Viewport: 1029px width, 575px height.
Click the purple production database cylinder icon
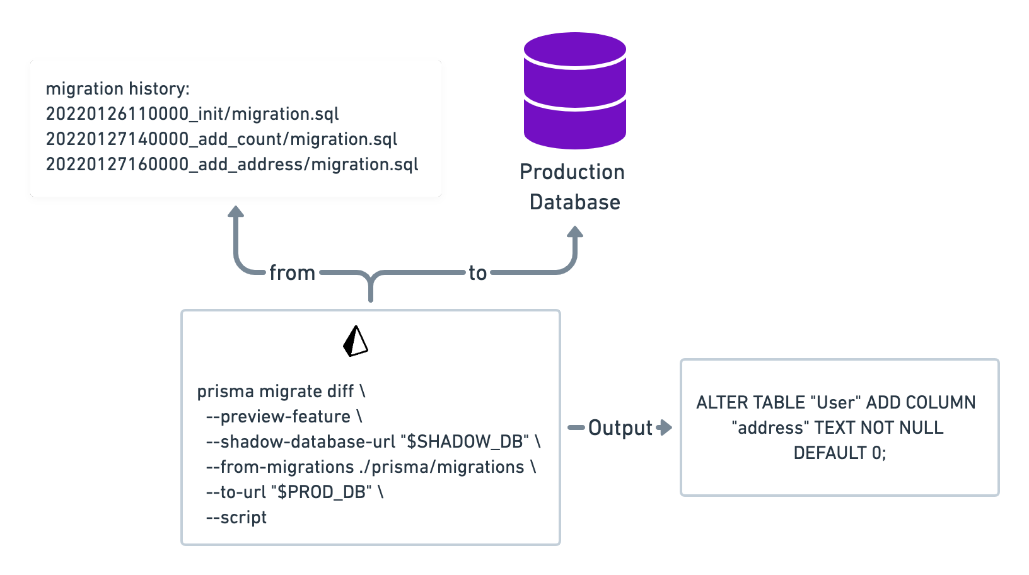(x=574, y=91)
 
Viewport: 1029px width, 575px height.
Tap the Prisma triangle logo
(x=356, y=342)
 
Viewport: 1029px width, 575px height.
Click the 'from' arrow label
(x=292, y=273)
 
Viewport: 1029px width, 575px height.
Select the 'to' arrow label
(x=477, y=273)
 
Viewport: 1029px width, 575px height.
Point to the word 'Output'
(x=620, y=428)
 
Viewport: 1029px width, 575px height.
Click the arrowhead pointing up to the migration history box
(x=236, y=212)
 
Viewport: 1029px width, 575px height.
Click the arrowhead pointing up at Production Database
(x=574, y=232)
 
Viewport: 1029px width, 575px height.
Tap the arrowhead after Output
(x=665, y=427)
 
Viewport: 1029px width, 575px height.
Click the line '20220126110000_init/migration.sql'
(x=192, y=114)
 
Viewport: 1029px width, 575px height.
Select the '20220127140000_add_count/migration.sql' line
(x=221, y=139)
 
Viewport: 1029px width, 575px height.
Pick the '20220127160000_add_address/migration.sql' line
(x=232, y=165)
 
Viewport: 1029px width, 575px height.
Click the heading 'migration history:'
(x=117, y=89)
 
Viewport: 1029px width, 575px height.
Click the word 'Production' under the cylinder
(x=572, y=172)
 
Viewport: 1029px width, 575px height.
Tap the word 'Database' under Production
(x=574, y=202)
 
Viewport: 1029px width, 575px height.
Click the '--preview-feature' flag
(x=278, y=417)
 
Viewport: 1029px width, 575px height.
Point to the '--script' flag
(x=236, y=518)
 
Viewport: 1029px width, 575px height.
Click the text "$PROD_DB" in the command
(x=321, y=492)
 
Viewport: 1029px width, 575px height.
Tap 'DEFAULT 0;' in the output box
(x=839, y=453)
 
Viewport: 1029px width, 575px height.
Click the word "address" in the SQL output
(x=770, y=428)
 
